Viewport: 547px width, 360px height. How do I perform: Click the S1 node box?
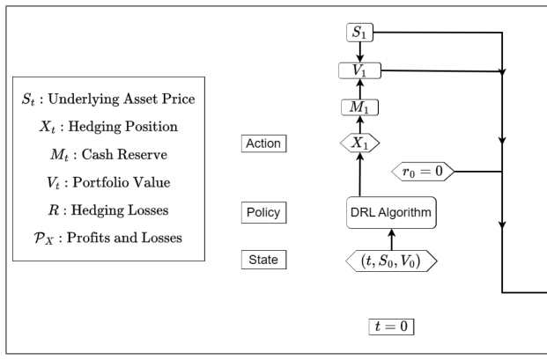coord(359,33)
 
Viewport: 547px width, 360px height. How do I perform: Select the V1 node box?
coord(359,70)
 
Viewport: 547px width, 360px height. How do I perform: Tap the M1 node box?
coord(359,107)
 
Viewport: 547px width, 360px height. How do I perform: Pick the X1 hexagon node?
coord(359,143)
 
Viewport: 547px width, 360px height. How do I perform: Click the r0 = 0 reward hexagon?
coord(423,172)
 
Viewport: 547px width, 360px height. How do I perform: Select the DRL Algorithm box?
coord(391,213)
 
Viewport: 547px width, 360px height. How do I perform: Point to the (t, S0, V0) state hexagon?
coord(391,261)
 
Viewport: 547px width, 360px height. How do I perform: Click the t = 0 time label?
coord(391,327)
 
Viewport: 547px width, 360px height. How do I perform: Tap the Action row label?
coord(263,143)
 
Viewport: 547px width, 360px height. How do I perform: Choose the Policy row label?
coord(263,213)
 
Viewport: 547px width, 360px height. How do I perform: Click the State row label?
coord(263,260)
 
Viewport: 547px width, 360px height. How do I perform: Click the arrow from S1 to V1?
coord(359,52)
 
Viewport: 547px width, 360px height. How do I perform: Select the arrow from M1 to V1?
coord(360,89)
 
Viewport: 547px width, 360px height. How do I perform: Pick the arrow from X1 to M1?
coord(360,124)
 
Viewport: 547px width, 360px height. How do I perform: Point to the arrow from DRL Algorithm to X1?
coord(360,174)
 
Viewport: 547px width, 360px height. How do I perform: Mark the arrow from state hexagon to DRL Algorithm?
coord(391,239)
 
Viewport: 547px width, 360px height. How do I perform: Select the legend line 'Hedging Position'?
coord(108,127)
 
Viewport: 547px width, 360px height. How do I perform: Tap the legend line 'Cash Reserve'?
coord(108,154)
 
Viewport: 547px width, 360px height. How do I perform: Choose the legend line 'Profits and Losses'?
coord(107,238)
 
